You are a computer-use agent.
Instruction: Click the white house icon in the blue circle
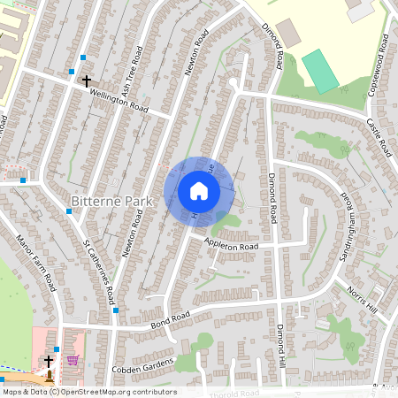(198, 190)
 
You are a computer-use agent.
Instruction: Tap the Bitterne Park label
(111, 202)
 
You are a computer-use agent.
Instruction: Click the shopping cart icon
(73, 360)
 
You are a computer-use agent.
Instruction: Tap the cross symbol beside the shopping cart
(49, 360)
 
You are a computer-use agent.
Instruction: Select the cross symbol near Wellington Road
(86, 80)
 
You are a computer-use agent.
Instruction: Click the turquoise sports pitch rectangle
(320, 71)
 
